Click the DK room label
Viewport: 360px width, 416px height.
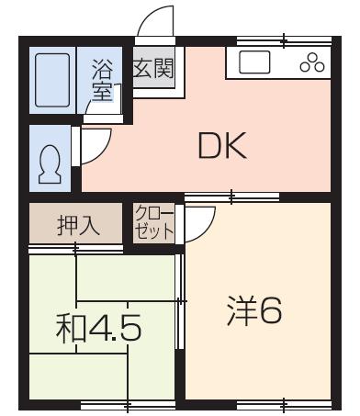tap(222, 145)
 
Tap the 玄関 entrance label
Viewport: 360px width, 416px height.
tap(153, 68)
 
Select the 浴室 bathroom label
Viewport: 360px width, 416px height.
tap(103, 81)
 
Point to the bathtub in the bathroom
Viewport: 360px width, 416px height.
tap(52, 80)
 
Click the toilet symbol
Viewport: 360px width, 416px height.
tap(50, 163)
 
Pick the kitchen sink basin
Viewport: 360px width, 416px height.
tap(254, 62)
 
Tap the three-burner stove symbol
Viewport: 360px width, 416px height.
tap(312, 62)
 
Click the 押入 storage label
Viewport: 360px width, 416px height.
tap(78, 226)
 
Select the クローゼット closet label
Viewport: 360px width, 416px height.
tap(154, 223)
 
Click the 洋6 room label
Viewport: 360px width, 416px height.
tap(254, 310)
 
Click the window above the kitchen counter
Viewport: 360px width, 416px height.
tap(285, 41)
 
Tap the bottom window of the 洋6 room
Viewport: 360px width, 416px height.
tap(285, 405)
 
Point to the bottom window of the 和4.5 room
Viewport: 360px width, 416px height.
tap(128, 405)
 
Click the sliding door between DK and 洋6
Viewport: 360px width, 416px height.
tap(231, 197)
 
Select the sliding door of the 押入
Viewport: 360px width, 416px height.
tap(76, 249)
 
